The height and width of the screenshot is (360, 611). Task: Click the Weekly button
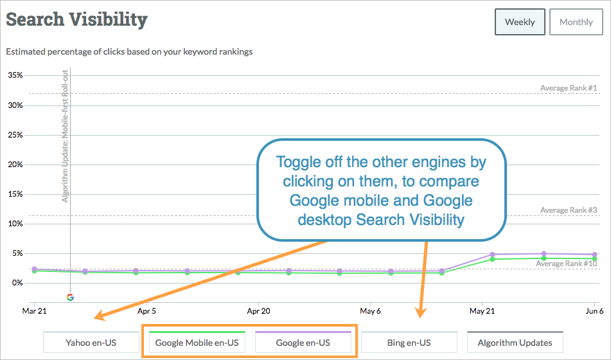tap(520, 22)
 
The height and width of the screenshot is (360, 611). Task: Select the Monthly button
tap(576, 22)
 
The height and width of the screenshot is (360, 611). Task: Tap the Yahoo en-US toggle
tap(91, 343)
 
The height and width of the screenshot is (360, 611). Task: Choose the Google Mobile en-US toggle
tap(197, 343)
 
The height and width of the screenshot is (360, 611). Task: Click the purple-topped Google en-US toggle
tap(303, 343)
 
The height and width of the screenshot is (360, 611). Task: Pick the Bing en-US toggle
tap(409, 343)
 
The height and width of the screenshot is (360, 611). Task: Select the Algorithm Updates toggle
tap(515, 343)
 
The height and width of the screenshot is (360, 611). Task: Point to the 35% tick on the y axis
tap(15, 75)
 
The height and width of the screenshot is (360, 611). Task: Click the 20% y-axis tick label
tap(15, 164)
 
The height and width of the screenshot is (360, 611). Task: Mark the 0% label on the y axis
tap(17, 283)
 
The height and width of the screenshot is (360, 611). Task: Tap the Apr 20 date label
tap(258, 311)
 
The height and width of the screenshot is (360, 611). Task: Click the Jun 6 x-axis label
tap(594, 311)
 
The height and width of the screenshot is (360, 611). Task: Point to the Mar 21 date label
tap(34, 311)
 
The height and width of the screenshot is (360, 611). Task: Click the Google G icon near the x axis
tap(70, 297)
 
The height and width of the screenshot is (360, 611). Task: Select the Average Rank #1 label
tap(568, 88)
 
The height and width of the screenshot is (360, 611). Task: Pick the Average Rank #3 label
tap(568, 210)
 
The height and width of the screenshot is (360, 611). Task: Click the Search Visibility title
tap(76, 19)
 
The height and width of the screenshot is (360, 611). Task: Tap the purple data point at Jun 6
tap(595, 255)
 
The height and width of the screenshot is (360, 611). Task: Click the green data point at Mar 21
tap(34, 271)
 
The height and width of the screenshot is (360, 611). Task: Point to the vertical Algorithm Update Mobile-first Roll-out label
tap(65, 136)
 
